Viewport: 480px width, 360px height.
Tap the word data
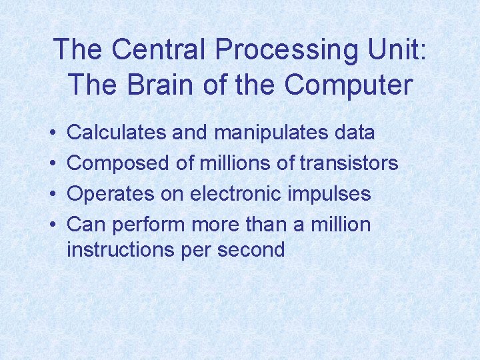(x=353, y=132)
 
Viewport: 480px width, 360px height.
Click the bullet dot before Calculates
(x=52, y=133)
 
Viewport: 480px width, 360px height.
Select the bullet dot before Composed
(x=52, y=163)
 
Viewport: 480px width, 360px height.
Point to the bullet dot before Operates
(x=52, y=194)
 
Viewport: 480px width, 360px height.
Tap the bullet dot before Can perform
(x=52, y=225)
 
